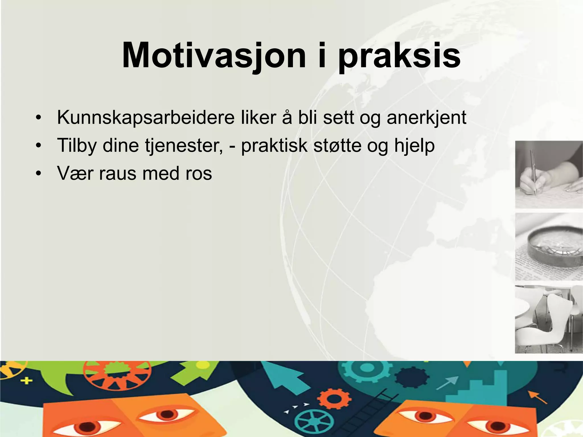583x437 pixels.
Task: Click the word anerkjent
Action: pyautogui.click(x=426, y=118)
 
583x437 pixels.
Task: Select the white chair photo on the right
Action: pyautogui.click(x=549, y=319)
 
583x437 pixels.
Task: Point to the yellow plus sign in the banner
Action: pyautogui.click(x=26, y=380)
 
